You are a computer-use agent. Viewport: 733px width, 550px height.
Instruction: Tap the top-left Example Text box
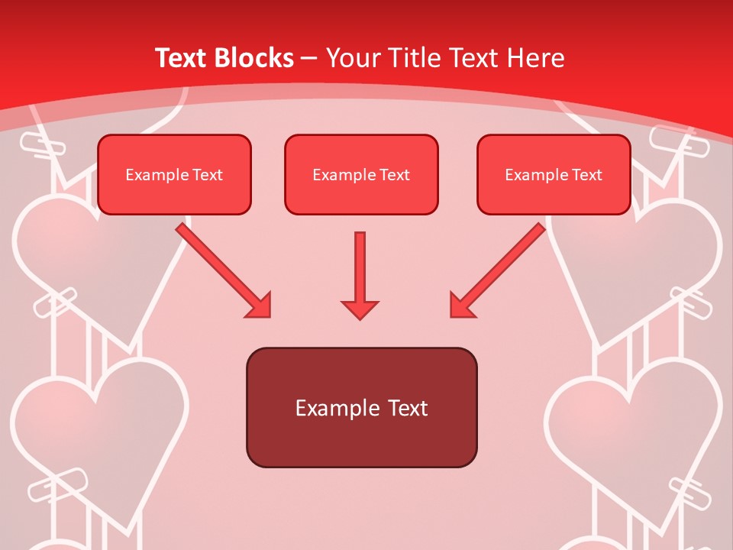coord(174,175)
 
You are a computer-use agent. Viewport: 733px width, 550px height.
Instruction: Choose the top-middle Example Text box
coord(361,175)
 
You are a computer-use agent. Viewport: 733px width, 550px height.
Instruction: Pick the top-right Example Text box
coord(554,175)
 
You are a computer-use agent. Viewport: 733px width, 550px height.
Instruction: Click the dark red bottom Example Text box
coord(361,408)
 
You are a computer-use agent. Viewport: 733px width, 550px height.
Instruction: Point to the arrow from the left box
coord(222,269)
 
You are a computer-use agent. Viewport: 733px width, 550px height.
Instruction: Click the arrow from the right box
coord(499,269)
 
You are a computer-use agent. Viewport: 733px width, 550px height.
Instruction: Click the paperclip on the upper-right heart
coord(691,305)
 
